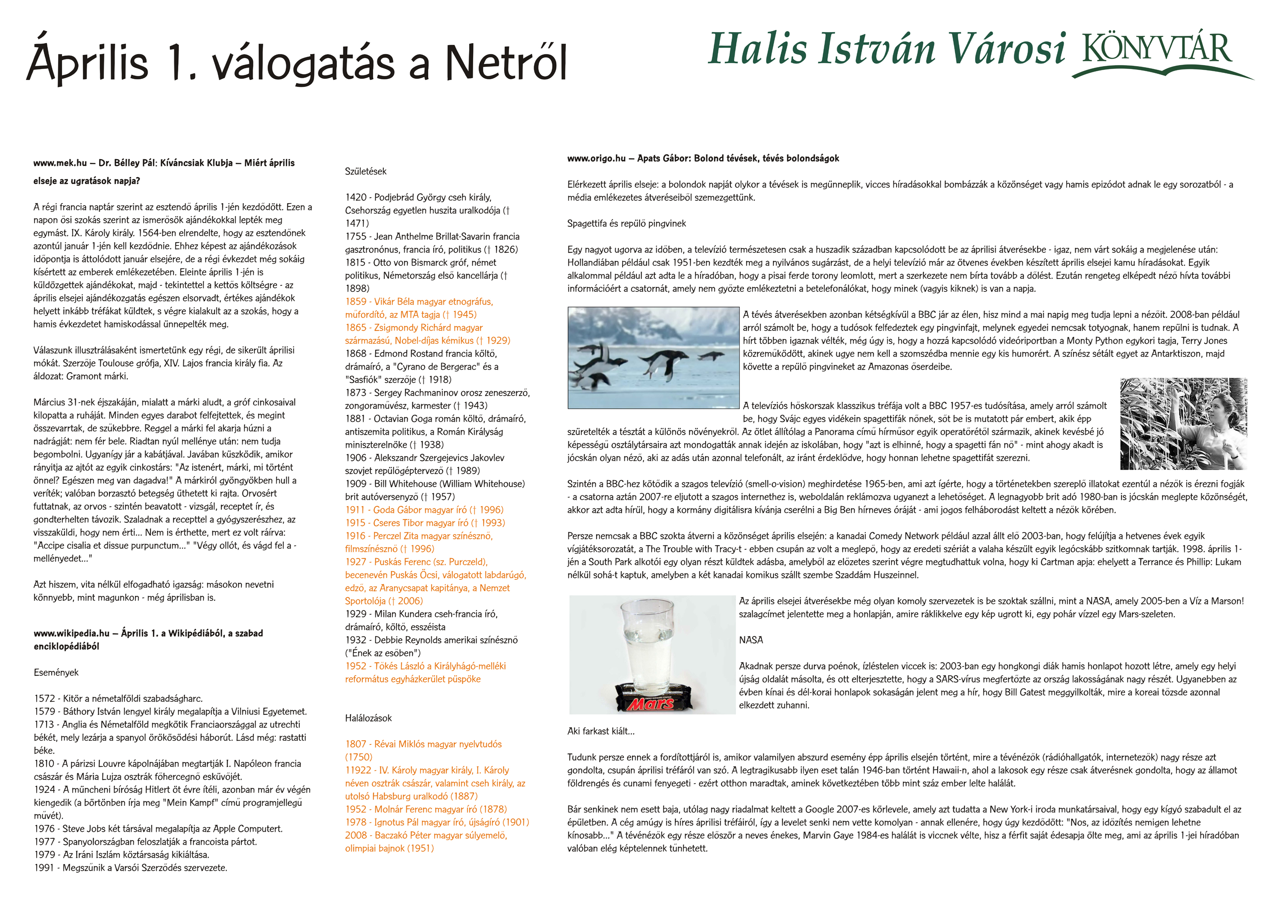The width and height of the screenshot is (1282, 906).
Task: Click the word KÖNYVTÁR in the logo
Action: (1157, 49)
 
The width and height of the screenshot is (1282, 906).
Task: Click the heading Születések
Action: (365, 171)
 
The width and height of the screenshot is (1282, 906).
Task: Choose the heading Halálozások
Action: (368, 718)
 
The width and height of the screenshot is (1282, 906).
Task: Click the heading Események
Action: (56, 672)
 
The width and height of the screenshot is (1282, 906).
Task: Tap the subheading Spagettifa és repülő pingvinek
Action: (626, 223)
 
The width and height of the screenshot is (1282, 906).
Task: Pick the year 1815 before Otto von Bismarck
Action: (356, 262)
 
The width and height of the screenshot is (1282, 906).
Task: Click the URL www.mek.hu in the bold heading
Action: (60, 163)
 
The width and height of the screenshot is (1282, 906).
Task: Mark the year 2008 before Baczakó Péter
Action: (356, 835)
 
